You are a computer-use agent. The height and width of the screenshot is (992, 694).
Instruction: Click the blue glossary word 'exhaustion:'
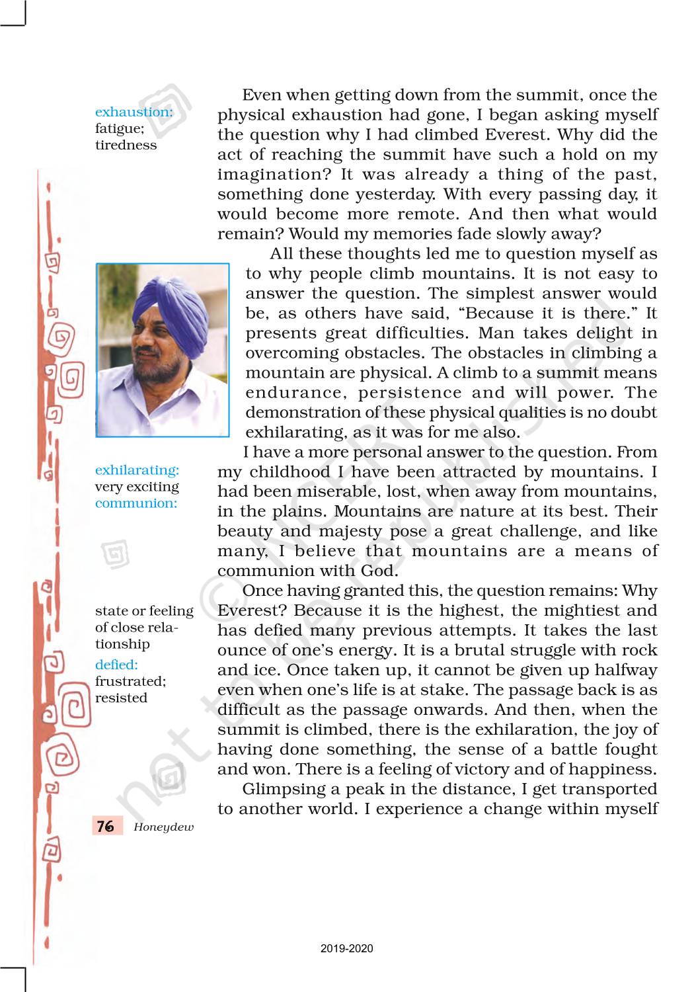click(134, 112)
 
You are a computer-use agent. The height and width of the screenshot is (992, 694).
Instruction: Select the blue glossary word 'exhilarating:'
click(137, 470)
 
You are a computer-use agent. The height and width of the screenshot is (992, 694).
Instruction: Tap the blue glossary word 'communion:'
click(136, 503)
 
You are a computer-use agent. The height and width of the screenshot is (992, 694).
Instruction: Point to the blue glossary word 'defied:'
click(116, 665)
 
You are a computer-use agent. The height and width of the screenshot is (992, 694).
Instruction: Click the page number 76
click(105, 826)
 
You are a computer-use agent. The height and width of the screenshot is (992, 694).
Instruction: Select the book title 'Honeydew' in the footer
click(163, 827)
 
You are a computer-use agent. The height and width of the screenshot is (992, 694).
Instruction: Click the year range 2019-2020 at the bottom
click(347, 948)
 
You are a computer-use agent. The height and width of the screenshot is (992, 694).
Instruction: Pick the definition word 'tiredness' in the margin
click(126, 145)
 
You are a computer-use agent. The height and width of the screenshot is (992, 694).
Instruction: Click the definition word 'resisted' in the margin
click(121, 698)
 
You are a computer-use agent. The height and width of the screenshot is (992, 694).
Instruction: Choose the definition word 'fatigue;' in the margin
click(120, 128)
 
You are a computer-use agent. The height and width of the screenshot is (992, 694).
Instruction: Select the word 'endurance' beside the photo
click(295, 393)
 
